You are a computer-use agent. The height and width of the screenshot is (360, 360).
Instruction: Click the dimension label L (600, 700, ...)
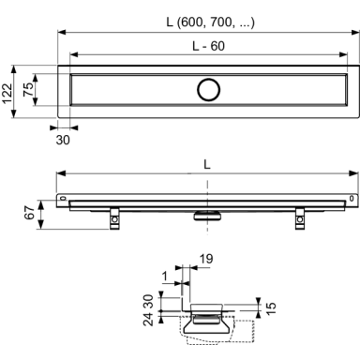[210, 22]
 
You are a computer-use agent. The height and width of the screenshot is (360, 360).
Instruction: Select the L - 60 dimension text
[208, 46]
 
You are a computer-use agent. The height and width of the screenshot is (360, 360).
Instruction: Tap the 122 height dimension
[7, 94]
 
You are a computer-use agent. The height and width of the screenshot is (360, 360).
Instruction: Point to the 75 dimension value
[28, 90]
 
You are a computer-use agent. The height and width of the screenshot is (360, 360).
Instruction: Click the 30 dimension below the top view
[63, 140]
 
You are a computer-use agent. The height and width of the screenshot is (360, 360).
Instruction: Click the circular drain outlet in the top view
[208, 90]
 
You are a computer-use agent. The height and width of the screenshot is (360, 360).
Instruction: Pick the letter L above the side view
[207, 164]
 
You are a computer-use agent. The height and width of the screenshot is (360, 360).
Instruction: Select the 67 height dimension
[30, 213]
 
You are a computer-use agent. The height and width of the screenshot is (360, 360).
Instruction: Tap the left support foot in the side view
[114, 218]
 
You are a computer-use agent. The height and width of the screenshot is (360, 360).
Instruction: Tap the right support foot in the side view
[300, 218]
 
